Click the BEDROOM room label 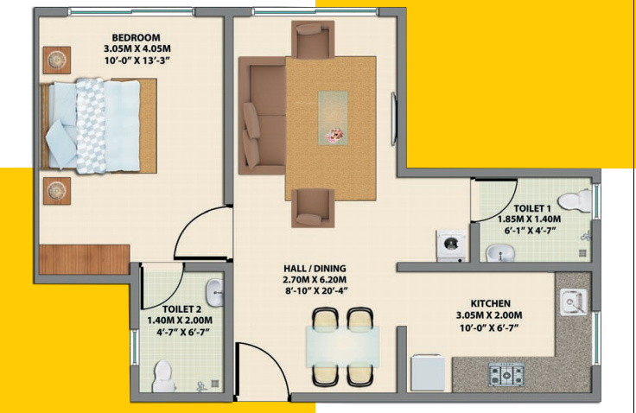[x=136, y=37]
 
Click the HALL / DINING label [x=315, y=269]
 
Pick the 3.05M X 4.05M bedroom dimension [x=136, y=48]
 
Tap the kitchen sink [x=573, y=302]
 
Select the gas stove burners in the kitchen [x=506, y=375]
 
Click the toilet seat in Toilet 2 [x=162, y=374]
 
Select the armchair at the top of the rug [x=312, y=39]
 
